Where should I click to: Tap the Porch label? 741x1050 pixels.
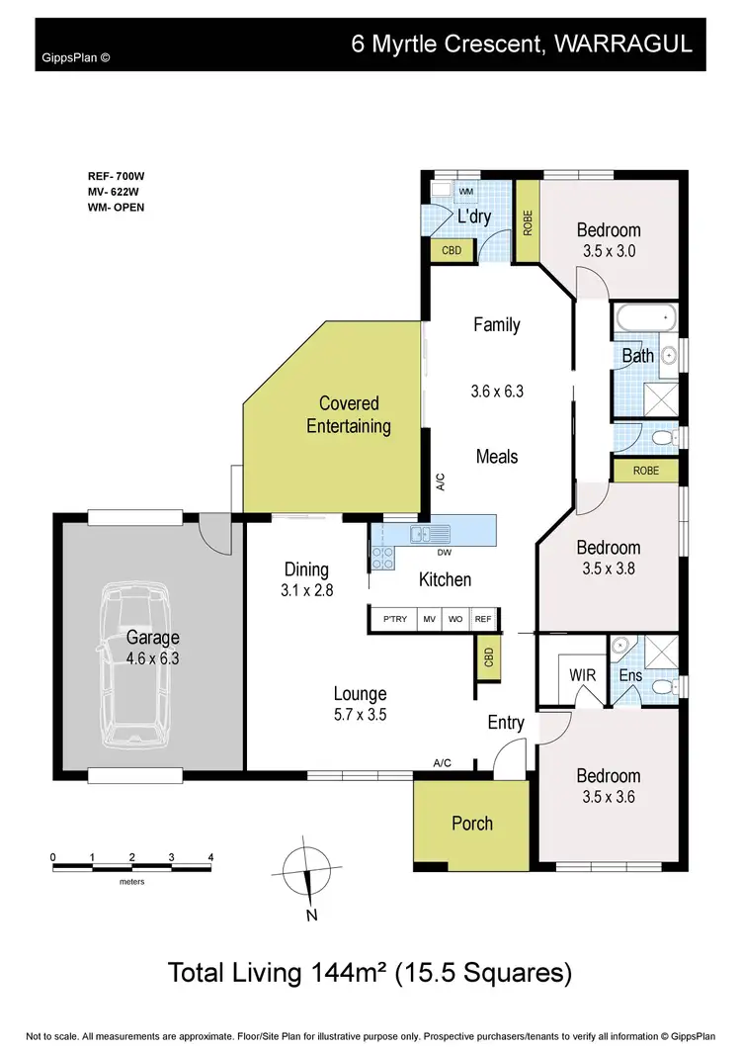[x=471, y=824]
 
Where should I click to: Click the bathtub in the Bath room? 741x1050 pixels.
[x=644, y=319]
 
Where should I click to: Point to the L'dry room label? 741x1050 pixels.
[x=474, y=218]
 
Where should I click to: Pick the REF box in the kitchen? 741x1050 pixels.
[x=482, y=619]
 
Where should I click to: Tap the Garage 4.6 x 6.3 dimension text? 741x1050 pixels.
[x=153, y=657]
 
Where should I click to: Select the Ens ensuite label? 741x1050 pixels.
[x=630, y=675]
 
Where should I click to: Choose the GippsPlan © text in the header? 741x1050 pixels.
[x=75, y=57]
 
